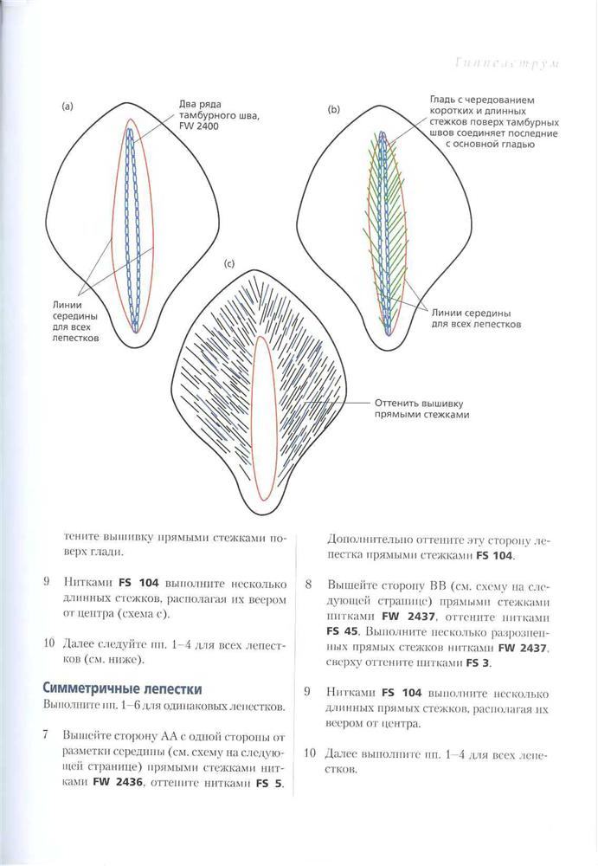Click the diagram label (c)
pos(229,263)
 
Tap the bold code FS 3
pos(479,662)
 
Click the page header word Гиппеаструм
pos(507,63)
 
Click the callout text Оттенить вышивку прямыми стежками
pos(421,409)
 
